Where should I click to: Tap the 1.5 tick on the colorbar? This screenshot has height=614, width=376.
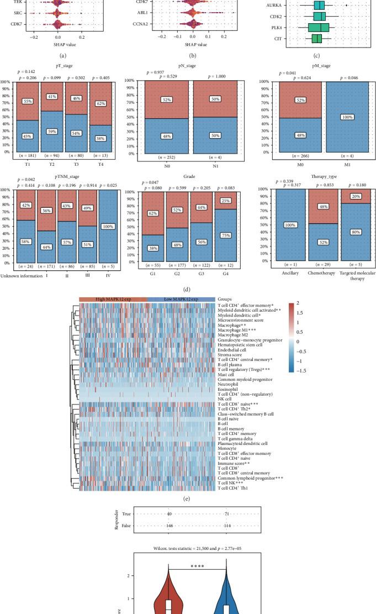click(x=300, y=312)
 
